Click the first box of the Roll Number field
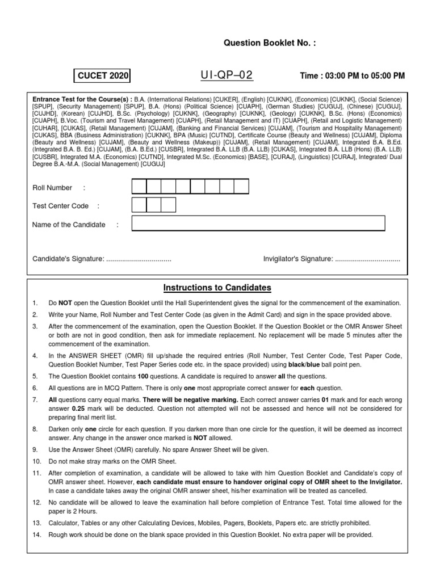(140, 187)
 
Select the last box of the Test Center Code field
(169, 205)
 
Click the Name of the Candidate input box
(258, 224)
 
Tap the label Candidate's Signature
(68, 259)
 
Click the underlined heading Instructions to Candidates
(217, 288)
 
